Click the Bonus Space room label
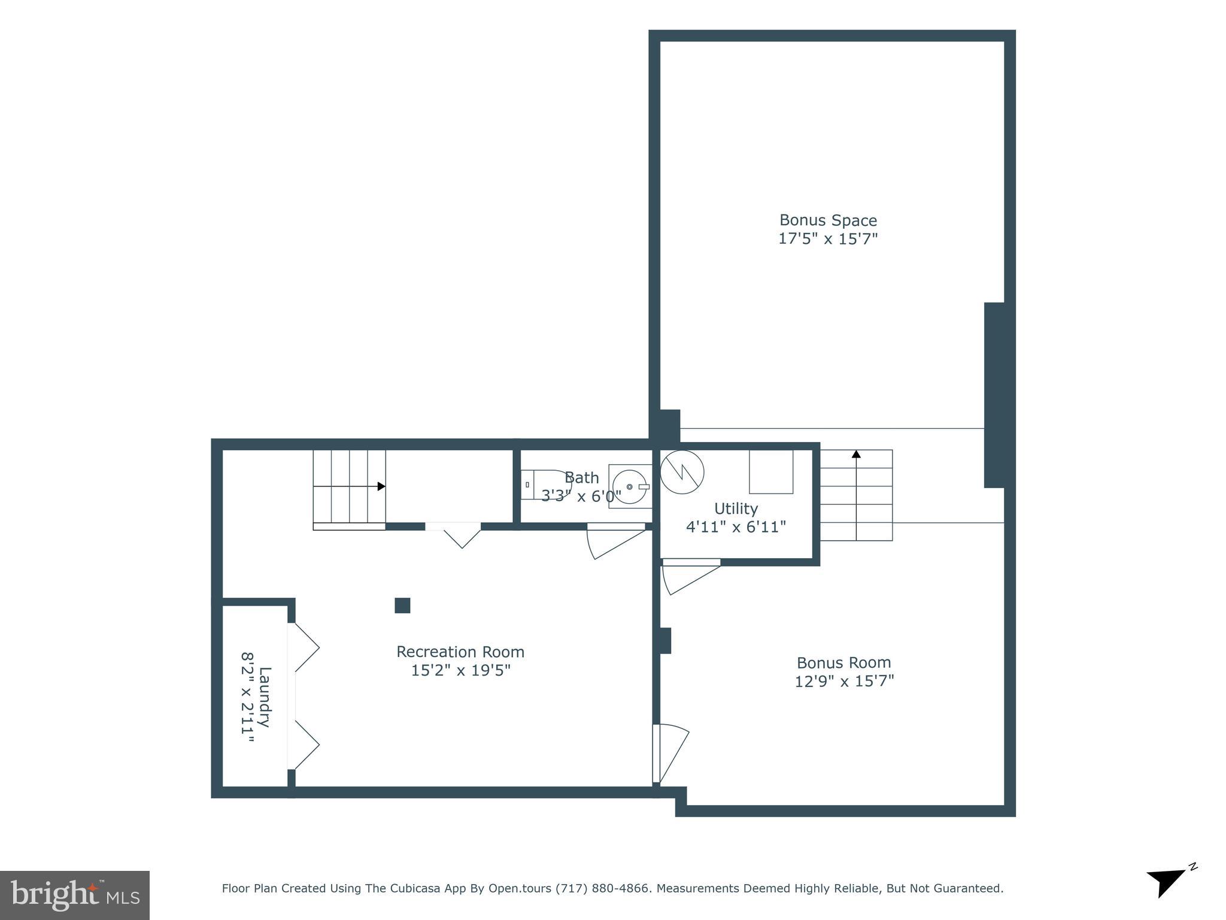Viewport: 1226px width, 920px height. pyautogui.click(x=827, y=220)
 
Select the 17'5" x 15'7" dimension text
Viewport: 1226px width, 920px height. pyautogui.click(x=827, y=239)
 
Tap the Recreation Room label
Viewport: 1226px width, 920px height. pyautogui.click(x=460, y=652)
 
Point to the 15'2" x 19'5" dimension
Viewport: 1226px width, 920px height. pyautogui.click(x=460, y=670)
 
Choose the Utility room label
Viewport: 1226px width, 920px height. pyautogui.click(x=736, y=509)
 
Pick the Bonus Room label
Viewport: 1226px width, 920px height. pyautogui.click(x=843, y=662)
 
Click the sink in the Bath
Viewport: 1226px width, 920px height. pyautogui.click(x=630, y=486)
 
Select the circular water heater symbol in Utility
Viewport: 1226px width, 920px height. pyautogui.click(x=682, y=472)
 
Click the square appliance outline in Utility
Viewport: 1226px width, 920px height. pyautogui.click(x=771, y=472)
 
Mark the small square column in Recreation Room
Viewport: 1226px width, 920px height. pyautogui.click(x=402, y=606)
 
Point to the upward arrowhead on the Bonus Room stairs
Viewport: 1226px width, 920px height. pyautogui.click(x=856, y=455)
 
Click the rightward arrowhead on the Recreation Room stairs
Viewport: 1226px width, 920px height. pyautogui.click(x=381, y=486)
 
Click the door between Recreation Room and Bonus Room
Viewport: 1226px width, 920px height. pyautogui.click(x=669, y=753)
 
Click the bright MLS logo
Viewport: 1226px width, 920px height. pyautogui.click(x=75, y=895)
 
